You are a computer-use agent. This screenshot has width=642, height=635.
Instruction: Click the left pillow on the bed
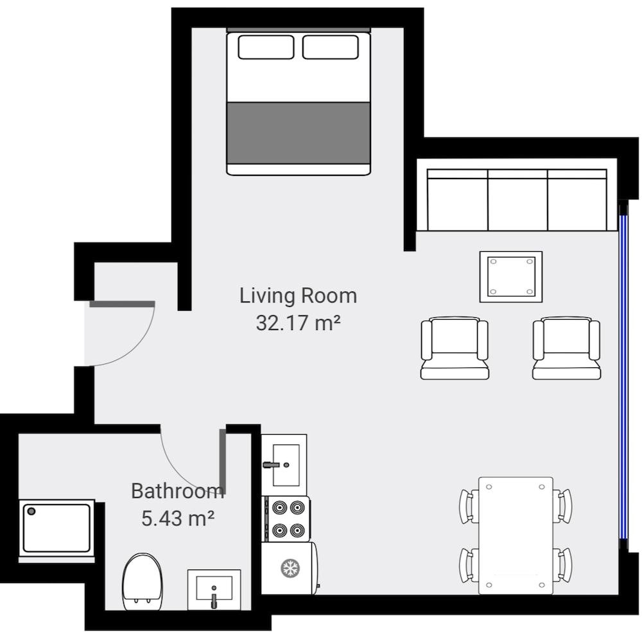(266, 47)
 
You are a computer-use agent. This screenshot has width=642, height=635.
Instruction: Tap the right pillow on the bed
(331, 47)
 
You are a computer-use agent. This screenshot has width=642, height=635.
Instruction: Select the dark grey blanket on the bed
(299, 132)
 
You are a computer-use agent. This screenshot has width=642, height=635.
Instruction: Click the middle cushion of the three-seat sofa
(517, 203)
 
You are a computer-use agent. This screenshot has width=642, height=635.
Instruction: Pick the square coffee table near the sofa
(511, 277)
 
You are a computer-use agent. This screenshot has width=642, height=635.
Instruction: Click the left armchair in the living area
(455, 348)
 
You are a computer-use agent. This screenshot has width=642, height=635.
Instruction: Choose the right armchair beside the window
(566, 348)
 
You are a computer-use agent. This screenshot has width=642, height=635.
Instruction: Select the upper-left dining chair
(468, 506)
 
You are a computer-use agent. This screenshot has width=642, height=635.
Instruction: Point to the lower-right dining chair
(563, 565)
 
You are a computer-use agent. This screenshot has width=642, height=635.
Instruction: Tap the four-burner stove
(287, 519)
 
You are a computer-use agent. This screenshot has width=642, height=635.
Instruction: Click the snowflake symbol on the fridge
(290, 568)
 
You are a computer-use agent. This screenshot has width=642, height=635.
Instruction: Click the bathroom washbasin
(214, 589)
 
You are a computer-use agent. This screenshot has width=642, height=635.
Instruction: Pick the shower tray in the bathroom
(56, 528)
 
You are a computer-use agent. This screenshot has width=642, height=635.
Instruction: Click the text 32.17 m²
(298, 323)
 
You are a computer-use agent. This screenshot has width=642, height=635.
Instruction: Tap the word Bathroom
(177, 491)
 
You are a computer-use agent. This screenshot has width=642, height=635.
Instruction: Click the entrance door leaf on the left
(122, 304)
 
